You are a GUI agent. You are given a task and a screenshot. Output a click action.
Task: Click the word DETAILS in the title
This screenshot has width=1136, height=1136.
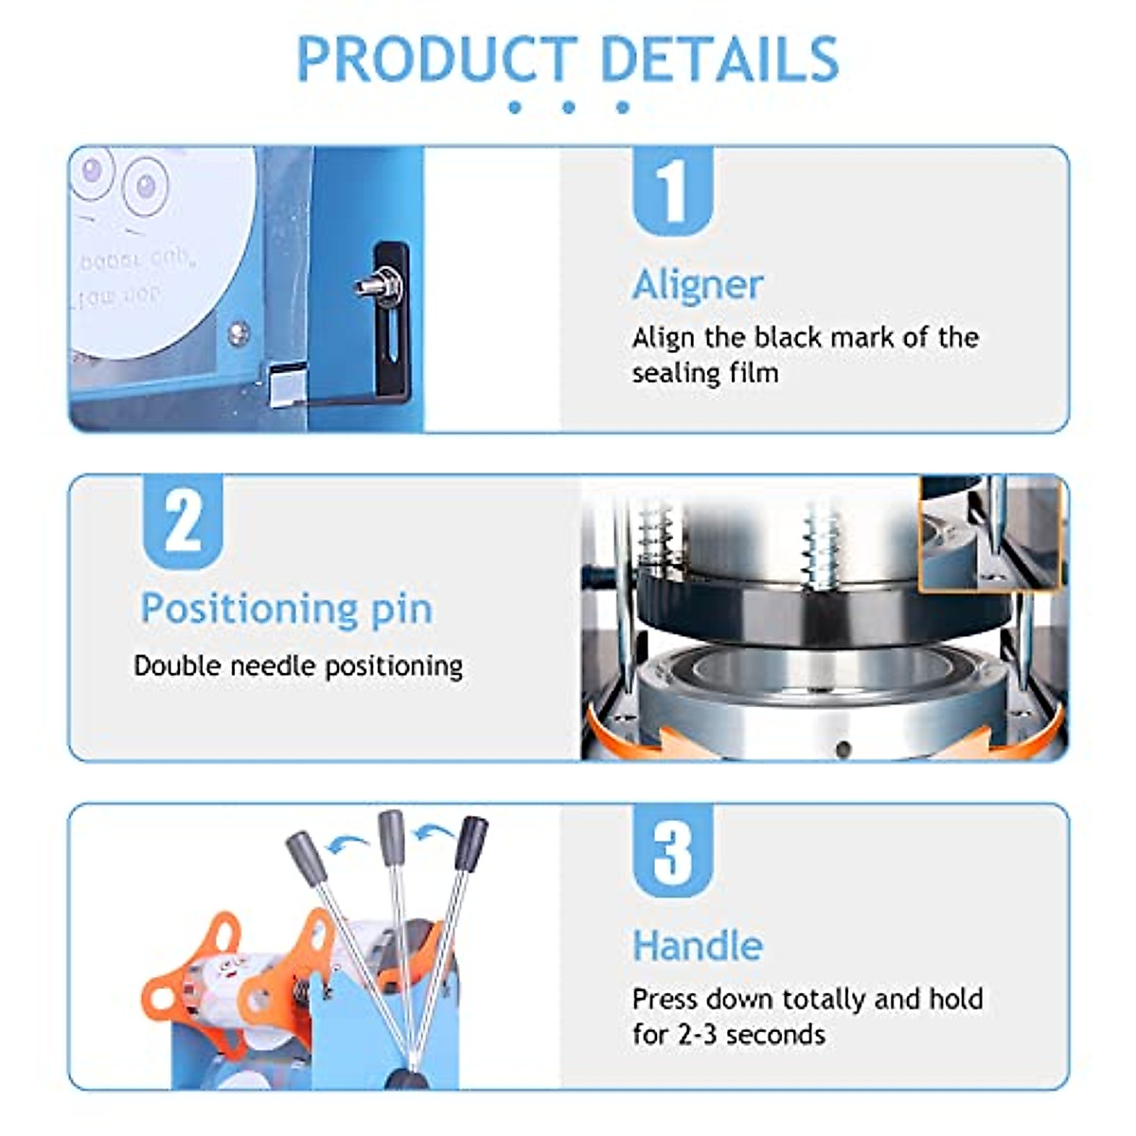(719, 59)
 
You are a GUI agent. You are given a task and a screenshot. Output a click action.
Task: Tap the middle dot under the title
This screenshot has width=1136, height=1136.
(568, 107)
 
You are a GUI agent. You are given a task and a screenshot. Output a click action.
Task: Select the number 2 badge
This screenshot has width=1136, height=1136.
(183, 521)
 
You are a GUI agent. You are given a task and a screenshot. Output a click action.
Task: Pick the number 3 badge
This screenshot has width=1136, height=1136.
(672, 850)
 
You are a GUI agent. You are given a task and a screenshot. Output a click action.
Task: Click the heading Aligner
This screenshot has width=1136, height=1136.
(698, 285)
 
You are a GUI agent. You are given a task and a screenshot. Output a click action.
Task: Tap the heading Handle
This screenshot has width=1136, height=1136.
(698, 946)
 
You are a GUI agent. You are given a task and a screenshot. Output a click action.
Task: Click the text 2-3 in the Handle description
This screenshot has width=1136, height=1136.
(699, 1035)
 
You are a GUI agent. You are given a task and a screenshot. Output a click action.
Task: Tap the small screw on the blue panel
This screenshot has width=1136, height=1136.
(239, 331)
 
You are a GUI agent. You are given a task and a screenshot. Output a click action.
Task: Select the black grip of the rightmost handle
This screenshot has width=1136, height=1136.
(470, 843)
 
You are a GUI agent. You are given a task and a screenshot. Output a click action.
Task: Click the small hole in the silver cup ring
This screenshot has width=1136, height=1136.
(843, 750)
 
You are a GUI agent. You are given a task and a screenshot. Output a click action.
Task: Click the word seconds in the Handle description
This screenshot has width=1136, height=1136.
(778, 1035)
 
